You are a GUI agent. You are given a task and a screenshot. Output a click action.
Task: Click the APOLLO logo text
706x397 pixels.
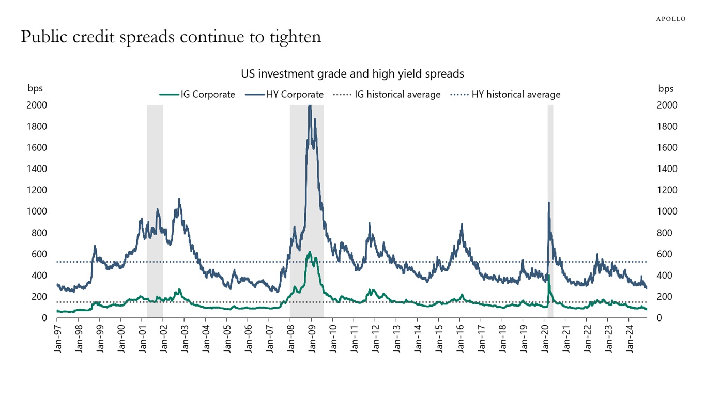(670, 19)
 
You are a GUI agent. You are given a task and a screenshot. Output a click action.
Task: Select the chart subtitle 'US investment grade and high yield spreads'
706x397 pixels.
(352, 74)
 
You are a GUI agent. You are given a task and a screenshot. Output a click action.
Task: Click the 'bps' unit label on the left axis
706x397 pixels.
(35, 88)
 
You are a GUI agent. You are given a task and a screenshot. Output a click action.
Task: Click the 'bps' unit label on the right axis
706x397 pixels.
(666, 88)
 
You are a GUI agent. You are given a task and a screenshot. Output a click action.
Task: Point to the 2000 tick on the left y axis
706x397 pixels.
(37, 105)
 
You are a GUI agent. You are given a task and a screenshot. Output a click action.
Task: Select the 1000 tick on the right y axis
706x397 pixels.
(667, 211)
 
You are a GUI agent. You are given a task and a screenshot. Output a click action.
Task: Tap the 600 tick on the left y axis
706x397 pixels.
(39, 254)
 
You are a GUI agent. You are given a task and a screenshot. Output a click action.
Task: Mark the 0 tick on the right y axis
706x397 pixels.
(659, 318)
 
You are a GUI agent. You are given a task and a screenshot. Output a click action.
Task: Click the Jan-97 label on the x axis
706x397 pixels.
(57, 339)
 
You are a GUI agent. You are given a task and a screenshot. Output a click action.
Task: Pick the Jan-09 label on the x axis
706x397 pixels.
(312, 339)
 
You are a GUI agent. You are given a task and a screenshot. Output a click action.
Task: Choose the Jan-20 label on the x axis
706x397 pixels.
(545, 339)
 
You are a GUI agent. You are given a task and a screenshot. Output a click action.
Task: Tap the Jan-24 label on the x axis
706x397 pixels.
(630, 339)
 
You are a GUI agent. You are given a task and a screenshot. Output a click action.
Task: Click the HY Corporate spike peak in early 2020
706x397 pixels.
(548, 202)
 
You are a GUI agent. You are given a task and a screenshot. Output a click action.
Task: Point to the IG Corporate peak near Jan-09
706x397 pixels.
(310, 252)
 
